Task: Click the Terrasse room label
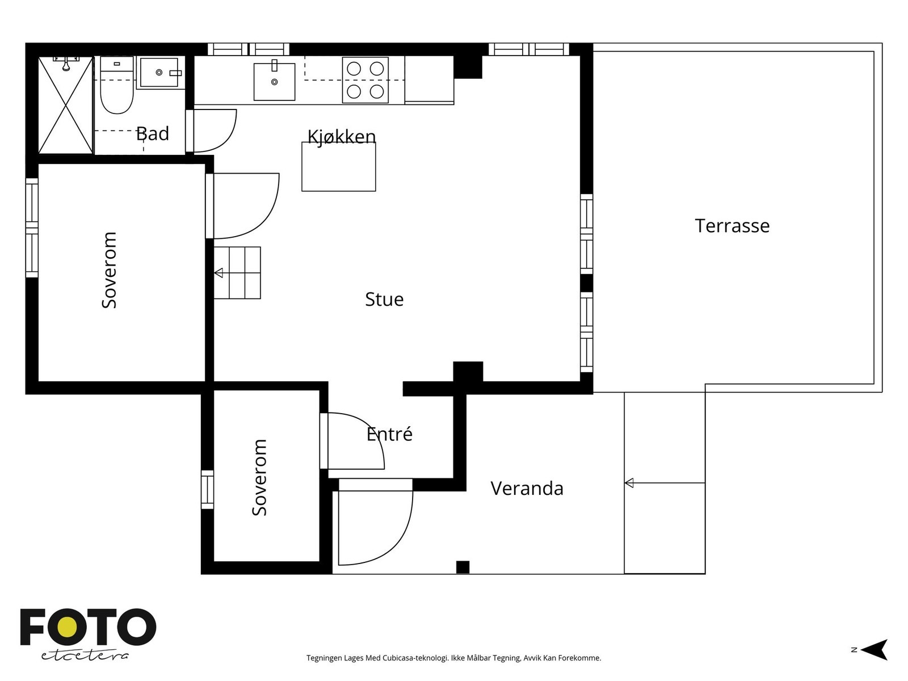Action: [732, 226]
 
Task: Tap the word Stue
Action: [384, 300]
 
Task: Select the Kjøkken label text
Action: [342, 136]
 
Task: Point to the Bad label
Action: [153, 133]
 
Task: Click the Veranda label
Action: [527, 488]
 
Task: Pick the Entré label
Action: [390, 434]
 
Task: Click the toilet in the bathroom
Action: [117, 85]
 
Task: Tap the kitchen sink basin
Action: [274, 82]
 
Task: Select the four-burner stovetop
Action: [365, 80]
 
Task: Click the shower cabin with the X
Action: [65, 106]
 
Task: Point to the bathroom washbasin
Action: [159, 73]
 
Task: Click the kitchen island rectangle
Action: [339, 167]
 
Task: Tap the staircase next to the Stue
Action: [237, 273]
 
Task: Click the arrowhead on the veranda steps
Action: [629, 483]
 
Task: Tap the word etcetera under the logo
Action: [85, 656]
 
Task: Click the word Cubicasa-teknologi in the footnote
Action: [416, 658]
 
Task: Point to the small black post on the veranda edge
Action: [463, 567]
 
